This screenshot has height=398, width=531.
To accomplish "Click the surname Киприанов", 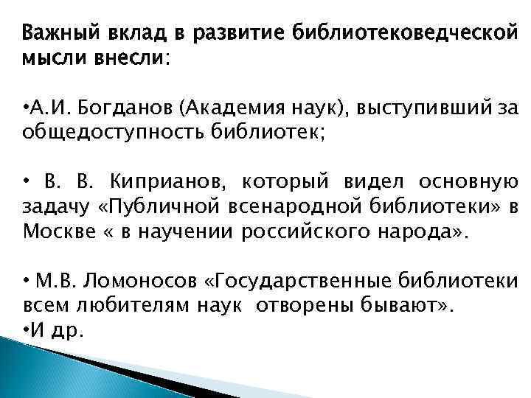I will (164, 181).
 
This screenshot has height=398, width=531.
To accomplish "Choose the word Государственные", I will (299, 281).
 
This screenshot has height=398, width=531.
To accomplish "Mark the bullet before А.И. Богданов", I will (27, 108).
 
